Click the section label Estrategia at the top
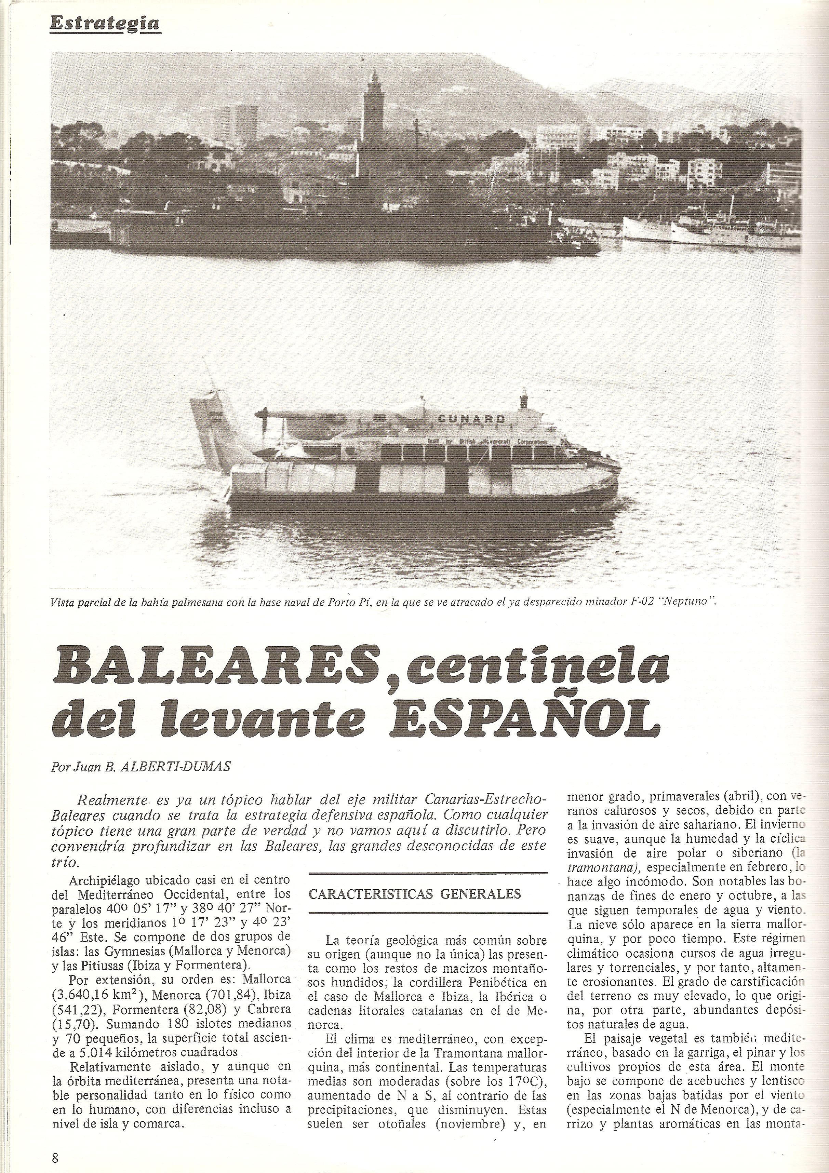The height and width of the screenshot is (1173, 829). [104, 23]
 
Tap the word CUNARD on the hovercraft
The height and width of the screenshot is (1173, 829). [471, 418]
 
